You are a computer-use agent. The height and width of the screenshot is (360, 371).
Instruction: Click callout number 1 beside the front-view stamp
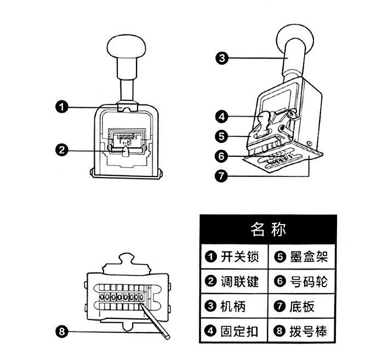[62, 107]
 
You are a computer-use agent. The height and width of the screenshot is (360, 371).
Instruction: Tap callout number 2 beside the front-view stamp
[62, 148]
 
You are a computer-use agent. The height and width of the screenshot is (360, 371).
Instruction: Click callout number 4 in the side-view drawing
[221, 116]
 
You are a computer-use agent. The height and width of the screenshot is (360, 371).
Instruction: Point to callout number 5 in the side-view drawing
[221, 135]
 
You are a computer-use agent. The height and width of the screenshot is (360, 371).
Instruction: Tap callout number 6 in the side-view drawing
[221, 156]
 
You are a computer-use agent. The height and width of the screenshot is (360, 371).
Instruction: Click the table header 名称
[269, 228]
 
